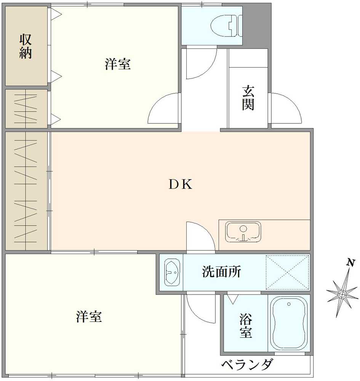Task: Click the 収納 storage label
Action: [26, 46]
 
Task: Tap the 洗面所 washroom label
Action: [221, 272]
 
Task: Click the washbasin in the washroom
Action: [172, 272]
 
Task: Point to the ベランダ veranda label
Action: [247, 365]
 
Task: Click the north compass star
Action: [342, 294]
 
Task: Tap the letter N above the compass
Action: [351, 262]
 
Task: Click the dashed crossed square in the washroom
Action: [287, 272]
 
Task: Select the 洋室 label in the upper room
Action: [118, 64]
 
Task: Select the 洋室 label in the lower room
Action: [89, 317]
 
